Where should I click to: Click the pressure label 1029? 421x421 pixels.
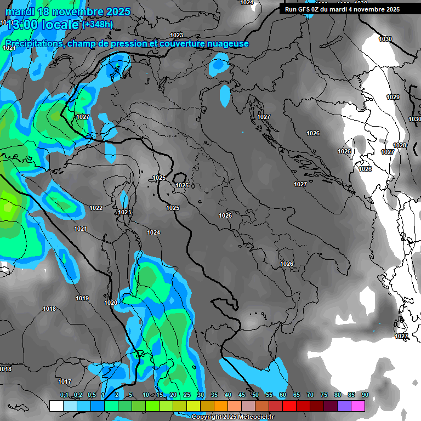[x=393, y=97]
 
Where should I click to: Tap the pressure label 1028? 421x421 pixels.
[x=400, y=145]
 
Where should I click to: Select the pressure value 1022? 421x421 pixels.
[x=96, y=208]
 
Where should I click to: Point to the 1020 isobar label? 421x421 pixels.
[x=111, y=303]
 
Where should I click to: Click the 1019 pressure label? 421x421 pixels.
[x=82, y=298]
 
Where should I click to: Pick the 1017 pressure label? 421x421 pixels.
[x=65, y=382]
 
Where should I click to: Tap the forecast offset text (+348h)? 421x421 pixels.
[x=98, y=24]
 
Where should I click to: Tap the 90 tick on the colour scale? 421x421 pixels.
[x=365, y=395]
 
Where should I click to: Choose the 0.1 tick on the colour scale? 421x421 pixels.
[x=64, y=395]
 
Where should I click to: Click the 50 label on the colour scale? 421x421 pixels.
[x=255, y=395]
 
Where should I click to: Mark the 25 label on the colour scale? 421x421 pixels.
[x=187, y=395]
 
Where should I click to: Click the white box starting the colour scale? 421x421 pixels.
[x=56, y=406]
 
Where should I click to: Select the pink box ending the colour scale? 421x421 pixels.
[x=358, y=406]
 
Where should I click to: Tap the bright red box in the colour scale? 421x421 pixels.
[x=289, y=406]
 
